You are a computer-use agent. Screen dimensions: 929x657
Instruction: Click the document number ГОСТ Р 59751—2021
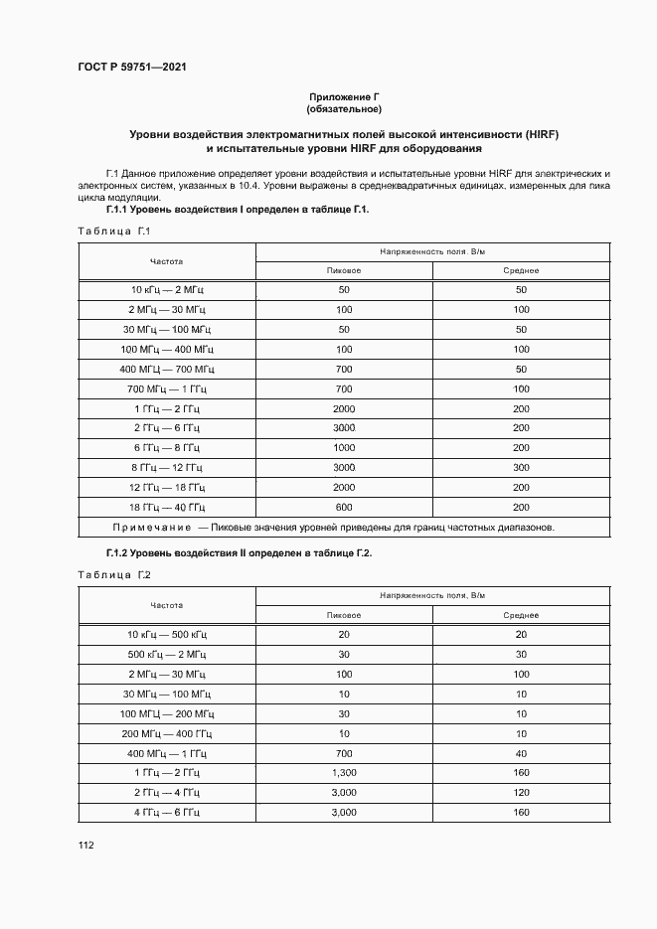point(133,68)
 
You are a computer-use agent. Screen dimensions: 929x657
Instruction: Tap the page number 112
point(85,845)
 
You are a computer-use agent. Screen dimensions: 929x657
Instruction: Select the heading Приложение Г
point(344,96)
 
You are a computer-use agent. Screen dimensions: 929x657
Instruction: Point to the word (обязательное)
point(344,108)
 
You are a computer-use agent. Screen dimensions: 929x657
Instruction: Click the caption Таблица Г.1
point(113,232)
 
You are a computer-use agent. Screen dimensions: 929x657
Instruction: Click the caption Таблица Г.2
point(113,575)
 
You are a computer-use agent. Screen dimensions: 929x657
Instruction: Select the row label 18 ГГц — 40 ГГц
point(167,507)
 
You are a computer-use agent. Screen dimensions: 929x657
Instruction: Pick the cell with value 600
point(344,507)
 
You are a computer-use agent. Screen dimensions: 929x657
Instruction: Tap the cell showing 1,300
point(344,772)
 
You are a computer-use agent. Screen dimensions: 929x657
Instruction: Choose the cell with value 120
point(521,792)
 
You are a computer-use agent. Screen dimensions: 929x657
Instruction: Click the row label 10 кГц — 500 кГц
point(167,634)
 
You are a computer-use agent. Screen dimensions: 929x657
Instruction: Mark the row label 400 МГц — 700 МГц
point(167,369)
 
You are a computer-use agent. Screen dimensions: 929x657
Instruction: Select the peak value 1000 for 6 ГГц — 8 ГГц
point(344,447)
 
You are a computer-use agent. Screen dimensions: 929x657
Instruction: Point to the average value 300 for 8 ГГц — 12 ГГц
point(521,467)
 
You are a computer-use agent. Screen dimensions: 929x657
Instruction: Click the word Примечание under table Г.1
point(152,527)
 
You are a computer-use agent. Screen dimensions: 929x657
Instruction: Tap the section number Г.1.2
point(123,552)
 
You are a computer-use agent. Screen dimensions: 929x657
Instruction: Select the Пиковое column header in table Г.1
point(344,270)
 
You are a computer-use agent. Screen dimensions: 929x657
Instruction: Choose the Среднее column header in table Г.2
point(521,615)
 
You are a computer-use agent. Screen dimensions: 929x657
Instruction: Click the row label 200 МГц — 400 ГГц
point(167,732)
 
